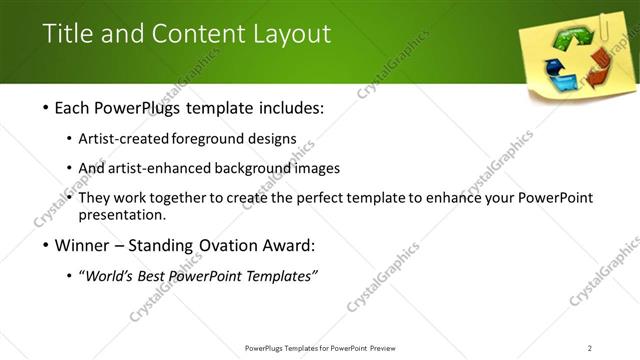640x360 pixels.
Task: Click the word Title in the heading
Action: coord(67,34)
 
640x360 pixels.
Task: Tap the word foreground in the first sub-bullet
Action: coord(208,138)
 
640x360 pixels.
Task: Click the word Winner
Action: coord(72,246)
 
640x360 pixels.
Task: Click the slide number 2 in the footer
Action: coord(590,348)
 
